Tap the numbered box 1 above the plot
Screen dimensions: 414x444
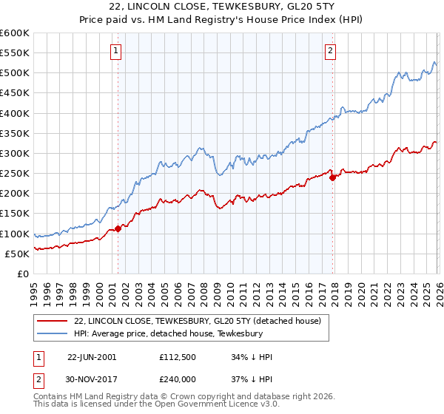[x=118, y=51]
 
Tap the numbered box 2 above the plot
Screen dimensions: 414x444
[x=330, y=51]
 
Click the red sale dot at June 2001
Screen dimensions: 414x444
[x=118, y=229]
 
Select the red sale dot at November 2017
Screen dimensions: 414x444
[x=333, y=177]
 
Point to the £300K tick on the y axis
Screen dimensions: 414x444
[x=15, y=153]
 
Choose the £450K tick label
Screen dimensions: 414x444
[x=15, y=93]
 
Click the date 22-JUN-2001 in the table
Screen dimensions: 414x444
[x=92, y=356]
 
